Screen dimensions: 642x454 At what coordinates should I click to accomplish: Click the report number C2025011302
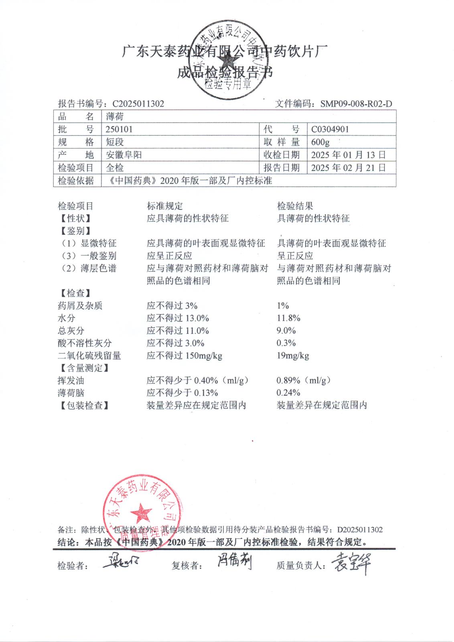click(x=138, y=104)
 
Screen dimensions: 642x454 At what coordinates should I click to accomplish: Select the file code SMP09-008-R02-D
click(x=356, y=104)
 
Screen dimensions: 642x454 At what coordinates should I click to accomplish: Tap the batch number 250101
click(x=119, y=129)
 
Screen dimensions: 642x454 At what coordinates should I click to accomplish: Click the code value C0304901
click(x=330, y=129)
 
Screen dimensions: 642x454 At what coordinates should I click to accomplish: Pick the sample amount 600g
click(x=320, y=142)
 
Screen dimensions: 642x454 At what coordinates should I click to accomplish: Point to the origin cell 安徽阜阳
click(x=124, y=155)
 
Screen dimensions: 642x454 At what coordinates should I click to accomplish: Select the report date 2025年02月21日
click(x=348, y=168)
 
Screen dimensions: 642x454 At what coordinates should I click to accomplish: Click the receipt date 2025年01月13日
click(x=348, y=155)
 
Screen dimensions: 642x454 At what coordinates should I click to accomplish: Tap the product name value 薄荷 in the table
click(x=115, y=117)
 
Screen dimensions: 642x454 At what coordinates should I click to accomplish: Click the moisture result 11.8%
click(x=288, y=318)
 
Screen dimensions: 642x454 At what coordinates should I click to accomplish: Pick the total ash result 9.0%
click(x=286, y=331)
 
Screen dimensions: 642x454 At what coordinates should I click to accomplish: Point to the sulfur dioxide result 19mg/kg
click(x=293, y=356)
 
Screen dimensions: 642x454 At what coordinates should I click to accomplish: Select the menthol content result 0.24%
click(x=288, y=393)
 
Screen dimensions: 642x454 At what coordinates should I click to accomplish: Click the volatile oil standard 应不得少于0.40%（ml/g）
click(x=198, y=380)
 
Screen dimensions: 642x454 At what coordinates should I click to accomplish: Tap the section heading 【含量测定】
click(x=84, y=368)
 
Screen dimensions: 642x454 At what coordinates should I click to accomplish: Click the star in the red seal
click(x=141, y=513)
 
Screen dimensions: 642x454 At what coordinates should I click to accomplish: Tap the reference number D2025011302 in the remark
click(x=360, y=530)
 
